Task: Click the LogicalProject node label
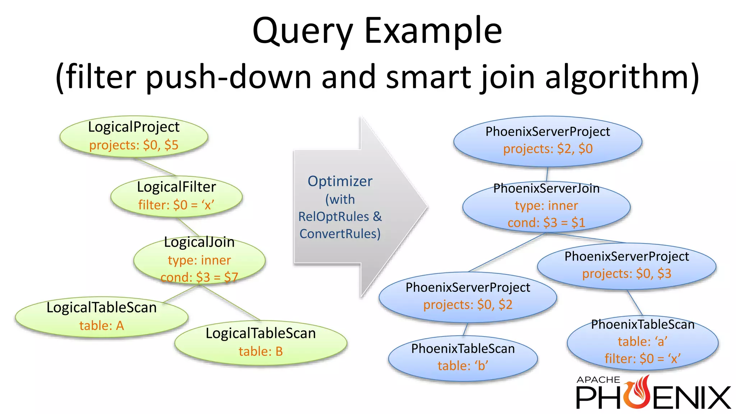point(134,127)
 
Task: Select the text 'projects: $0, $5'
point(134,145)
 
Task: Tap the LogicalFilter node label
point(176,187)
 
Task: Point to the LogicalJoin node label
point(199,242)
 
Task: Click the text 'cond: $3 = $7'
point(199,277)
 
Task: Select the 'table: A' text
point(102,326)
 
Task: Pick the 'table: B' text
point(261,351)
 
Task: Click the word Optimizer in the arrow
point(340,181)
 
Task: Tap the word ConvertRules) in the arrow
point(340,234)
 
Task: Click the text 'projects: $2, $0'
point(548,149)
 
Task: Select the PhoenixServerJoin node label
point(546,188)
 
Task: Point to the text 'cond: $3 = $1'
point(546,223)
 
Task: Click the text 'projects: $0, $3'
point(626,273)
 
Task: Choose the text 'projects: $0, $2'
point(468,305)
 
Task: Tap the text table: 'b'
point(463,366)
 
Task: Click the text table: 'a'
point(643,341)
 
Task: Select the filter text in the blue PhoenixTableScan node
point(643,359)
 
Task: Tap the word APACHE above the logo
point(598,380)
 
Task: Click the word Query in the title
point(303,31)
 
